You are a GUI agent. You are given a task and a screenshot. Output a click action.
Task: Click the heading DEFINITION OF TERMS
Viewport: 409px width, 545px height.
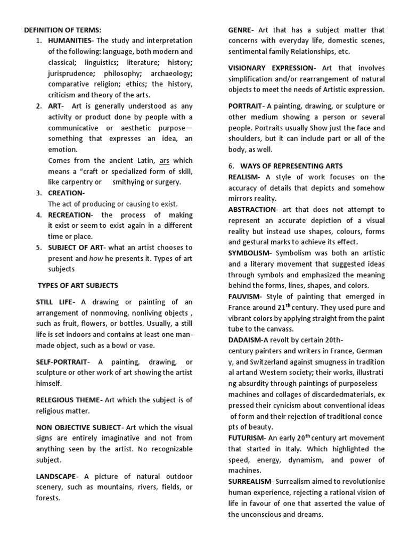click(62, 30)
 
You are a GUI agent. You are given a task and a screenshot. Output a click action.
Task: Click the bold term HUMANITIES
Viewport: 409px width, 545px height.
click(69, 41)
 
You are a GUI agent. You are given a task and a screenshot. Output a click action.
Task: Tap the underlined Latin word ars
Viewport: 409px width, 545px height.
click(164, 160)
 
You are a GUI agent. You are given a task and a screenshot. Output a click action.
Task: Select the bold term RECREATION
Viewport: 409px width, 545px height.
click(70, 215)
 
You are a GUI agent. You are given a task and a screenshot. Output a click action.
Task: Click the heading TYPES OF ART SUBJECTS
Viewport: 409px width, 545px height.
click(78, 286)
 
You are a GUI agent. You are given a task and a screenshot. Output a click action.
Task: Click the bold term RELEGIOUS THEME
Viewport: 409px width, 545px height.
click(68, 400)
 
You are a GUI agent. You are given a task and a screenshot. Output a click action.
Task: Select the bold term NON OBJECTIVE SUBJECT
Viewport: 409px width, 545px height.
click(78, 427)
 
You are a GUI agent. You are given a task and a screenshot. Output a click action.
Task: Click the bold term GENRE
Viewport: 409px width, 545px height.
click(240, 30)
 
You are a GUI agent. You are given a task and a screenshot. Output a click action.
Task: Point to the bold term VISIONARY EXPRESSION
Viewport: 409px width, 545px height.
click(271, 68)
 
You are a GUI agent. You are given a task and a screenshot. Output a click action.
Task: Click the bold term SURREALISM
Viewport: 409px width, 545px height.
click(250, 481)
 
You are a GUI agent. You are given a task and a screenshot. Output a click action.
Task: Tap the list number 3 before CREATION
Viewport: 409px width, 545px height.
click(39, 193)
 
